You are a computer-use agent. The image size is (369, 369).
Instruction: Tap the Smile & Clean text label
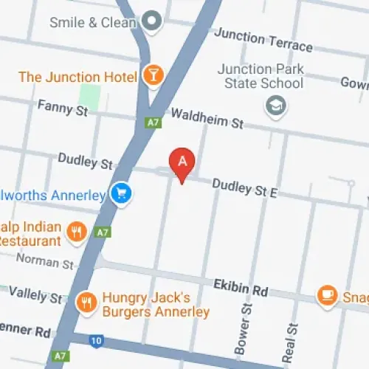[x=93, y=22]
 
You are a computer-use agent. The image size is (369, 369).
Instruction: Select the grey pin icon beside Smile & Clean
[x=152, y=22]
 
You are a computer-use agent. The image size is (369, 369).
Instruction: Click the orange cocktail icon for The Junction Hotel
[x=153, y=75]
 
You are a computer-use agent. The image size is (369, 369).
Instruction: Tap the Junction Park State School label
[x=261, y=76]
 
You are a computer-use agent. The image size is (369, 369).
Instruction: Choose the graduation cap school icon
[x=276, y=105]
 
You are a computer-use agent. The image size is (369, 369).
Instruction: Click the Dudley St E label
[x=244, y=188]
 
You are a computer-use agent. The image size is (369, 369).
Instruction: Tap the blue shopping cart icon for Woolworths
[x=120, y=193]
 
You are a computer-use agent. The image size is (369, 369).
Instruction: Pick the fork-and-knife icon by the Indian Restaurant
[x=77, y=233]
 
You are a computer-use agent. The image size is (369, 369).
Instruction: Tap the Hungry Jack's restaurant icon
[x=87, y=302]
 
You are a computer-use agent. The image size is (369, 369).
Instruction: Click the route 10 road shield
[x=97, y=341]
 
